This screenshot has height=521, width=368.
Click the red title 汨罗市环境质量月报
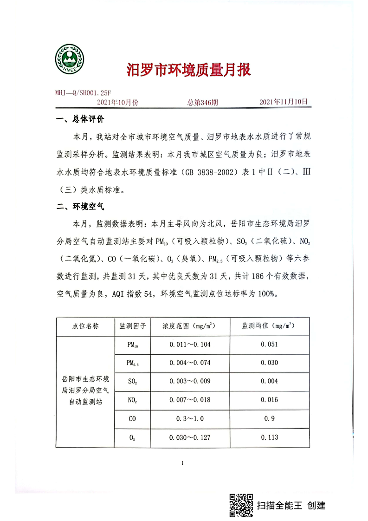(189, 71)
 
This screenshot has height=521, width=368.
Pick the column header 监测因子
(133, 326)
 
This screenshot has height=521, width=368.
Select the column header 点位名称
(85, 326)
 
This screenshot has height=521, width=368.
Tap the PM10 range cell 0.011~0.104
(190, 345)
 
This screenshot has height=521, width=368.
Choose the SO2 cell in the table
(132, 381)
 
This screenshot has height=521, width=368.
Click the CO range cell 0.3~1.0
(190, 418)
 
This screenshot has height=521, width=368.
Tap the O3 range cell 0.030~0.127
(190, 436)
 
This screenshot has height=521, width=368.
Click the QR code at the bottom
(241, 505)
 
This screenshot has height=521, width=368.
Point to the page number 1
(183, 463)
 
